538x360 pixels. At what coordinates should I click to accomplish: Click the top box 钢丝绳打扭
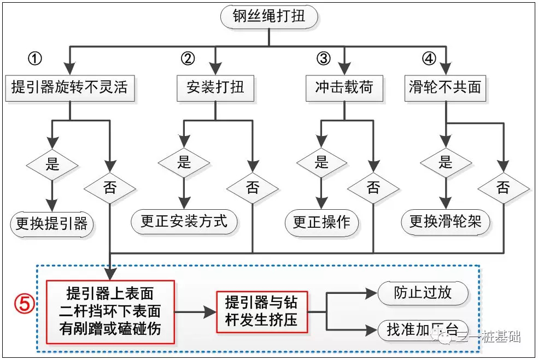(269, 17)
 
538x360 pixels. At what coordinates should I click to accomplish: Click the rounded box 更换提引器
(52, 223)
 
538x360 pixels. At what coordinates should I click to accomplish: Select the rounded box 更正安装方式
(184, 221)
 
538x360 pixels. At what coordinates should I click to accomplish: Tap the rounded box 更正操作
(321, 222)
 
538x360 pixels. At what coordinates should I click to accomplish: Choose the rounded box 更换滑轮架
(446, 222)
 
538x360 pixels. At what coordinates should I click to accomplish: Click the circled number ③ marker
(324, 58)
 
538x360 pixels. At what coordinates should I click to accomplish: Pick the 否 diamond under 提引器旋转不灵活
(110, 188)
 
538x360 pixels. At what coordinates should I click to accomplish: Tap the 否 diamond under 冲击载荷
(373, 188)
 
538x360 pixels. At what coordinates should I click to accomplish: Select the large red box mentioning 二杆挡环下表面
(110, 311)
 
